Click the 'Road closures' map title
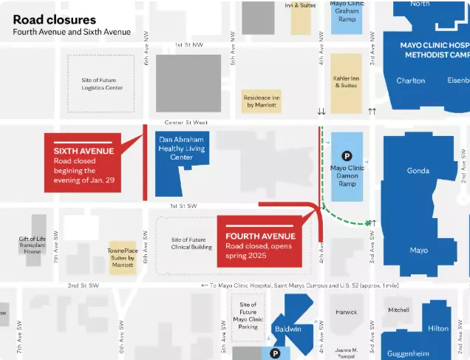pyautogui.click(x=54, y=19)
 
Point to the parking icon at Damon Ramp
pyautogui.click(x=346, y=155)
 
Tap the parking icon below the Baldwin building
pyautogui.click(x=275, y=354)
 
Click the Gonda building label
pyautogui.click(x=418, y=171)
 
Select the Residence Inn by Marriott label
pyautogui.click(x=262, y=101)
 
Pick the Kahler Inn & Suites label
pyautogui.click(x=347, y=81)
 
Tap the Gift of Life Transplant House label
pyautogui.click(x=33, y=245)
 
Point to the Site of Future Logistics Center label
pyautogui.click(x=102, y=84)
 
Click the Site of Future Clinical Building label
pyautogui.click(x=191, y=245)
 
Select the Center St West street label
pyautogui.click(x=185, y=122)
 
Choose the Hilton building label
pyautogui.click(x=437, y=328)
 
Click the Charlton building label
pyautogui.click(x=411, y=81)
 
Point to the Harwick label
pyautogui.click(x=346, y=312)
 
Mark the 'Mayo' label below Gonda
pyautogui.click(x=418, y=250)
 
